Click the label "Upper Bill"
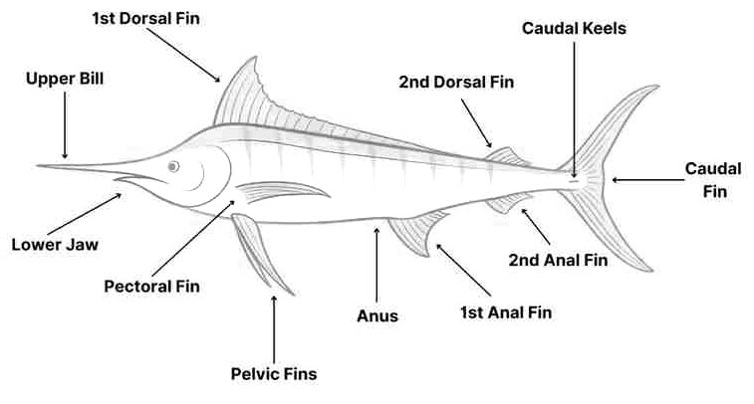[65, 79]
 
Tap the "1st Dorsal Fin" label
[145, 18]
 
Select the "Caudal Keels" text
[574, 28]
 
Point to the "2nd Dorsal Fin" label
[456, 82]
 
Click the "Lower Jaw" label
[55, 245]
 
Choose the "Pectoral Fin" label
[152, 287]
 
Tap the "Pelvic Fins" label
[274, 374]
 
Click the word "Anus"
[377, 316]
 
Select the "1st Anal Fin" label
[506, 312]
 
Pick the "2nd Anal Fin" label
[559, 261]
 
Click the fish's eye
[173, 167]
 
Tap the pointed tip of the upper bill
[38, 166]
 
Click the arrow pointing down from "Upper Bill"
[65, 125]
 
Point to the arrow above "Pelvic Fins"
[274, 329]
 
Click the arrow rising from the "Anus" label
[377, 265]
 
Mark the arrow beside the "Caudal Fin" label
[647, 180]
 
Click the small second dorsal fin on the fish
[507, 157]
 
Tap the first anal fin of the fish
[416, 233]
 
